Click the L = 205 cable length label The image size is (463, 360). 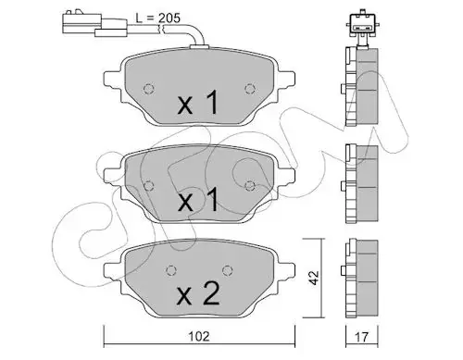[157, 19]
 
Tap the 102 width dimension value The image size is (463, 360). [199, 336]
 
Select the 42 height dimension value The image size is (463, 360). [314, 278]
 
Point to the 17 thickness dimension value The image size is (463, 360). [361, 337]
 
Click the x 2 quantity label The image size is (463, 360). [198, 294]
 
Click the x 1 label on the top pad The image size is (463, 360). [198, 104]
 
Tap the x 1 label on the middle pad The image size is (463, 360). [198, 200]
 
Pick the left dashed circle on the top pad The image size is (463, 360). [149, 89]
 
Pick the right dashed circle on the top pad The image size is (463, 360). [249, 89]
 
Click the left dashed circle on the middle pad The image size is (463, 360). [149, 185]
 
